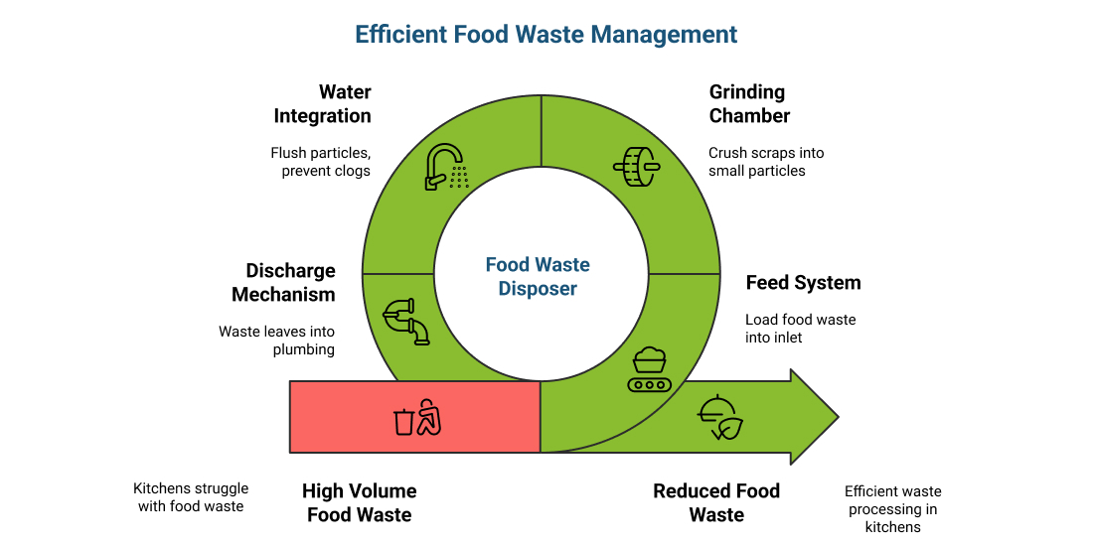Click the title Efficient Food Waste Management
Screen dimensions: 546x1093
point(546,35)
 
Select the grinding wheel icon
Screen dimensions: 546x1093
point(637,167)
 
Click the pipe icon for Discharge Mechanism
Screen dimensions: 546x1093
point(405,321)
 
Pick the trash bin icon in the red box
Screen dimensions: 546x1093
point(416,418)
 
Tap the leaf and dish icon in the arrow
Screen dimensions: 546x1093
point(720,418)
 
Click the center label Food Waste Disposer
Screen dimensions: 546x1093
point(538,277)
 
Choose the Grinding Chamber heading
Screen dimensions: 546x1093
point(749,104)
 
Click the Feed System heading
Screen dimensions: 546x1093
point(803,283)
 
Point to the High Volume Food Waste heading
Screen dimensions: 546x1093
point(359,502)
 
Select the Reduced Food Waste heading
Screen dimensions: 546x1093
point(716,502)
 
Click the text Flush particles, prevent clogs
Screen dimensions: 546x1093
point(320,162)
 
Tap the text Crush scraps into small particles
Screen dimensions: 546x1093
point(766,162)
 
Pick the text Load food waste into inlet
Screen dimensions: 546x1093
point(800,329)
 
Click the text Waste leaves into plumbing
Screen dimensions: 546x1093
point(277,341)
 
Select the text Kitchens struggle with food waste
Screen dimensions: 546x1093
point(191,497)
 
